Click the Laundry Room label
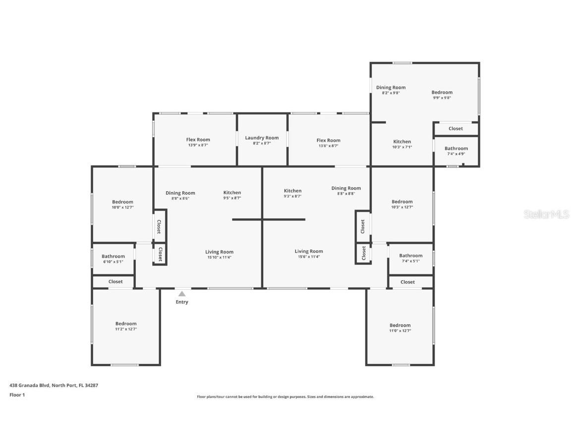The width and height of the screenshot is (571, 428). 262,138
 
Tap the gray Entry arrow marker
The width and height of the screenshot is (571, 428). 182,294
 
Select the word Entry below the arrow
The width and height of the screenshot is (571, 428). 182,302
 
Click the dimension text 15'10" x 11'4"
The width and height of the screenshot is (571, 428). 219,257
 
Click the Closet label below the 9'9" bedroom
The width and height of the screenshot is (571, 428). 456,128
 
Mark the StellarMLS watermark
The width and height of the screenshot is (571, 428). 546,214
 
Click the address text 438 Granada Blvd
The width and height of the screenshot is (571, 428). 30,385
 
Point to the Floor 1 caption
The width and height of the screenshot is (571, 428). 17,394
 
